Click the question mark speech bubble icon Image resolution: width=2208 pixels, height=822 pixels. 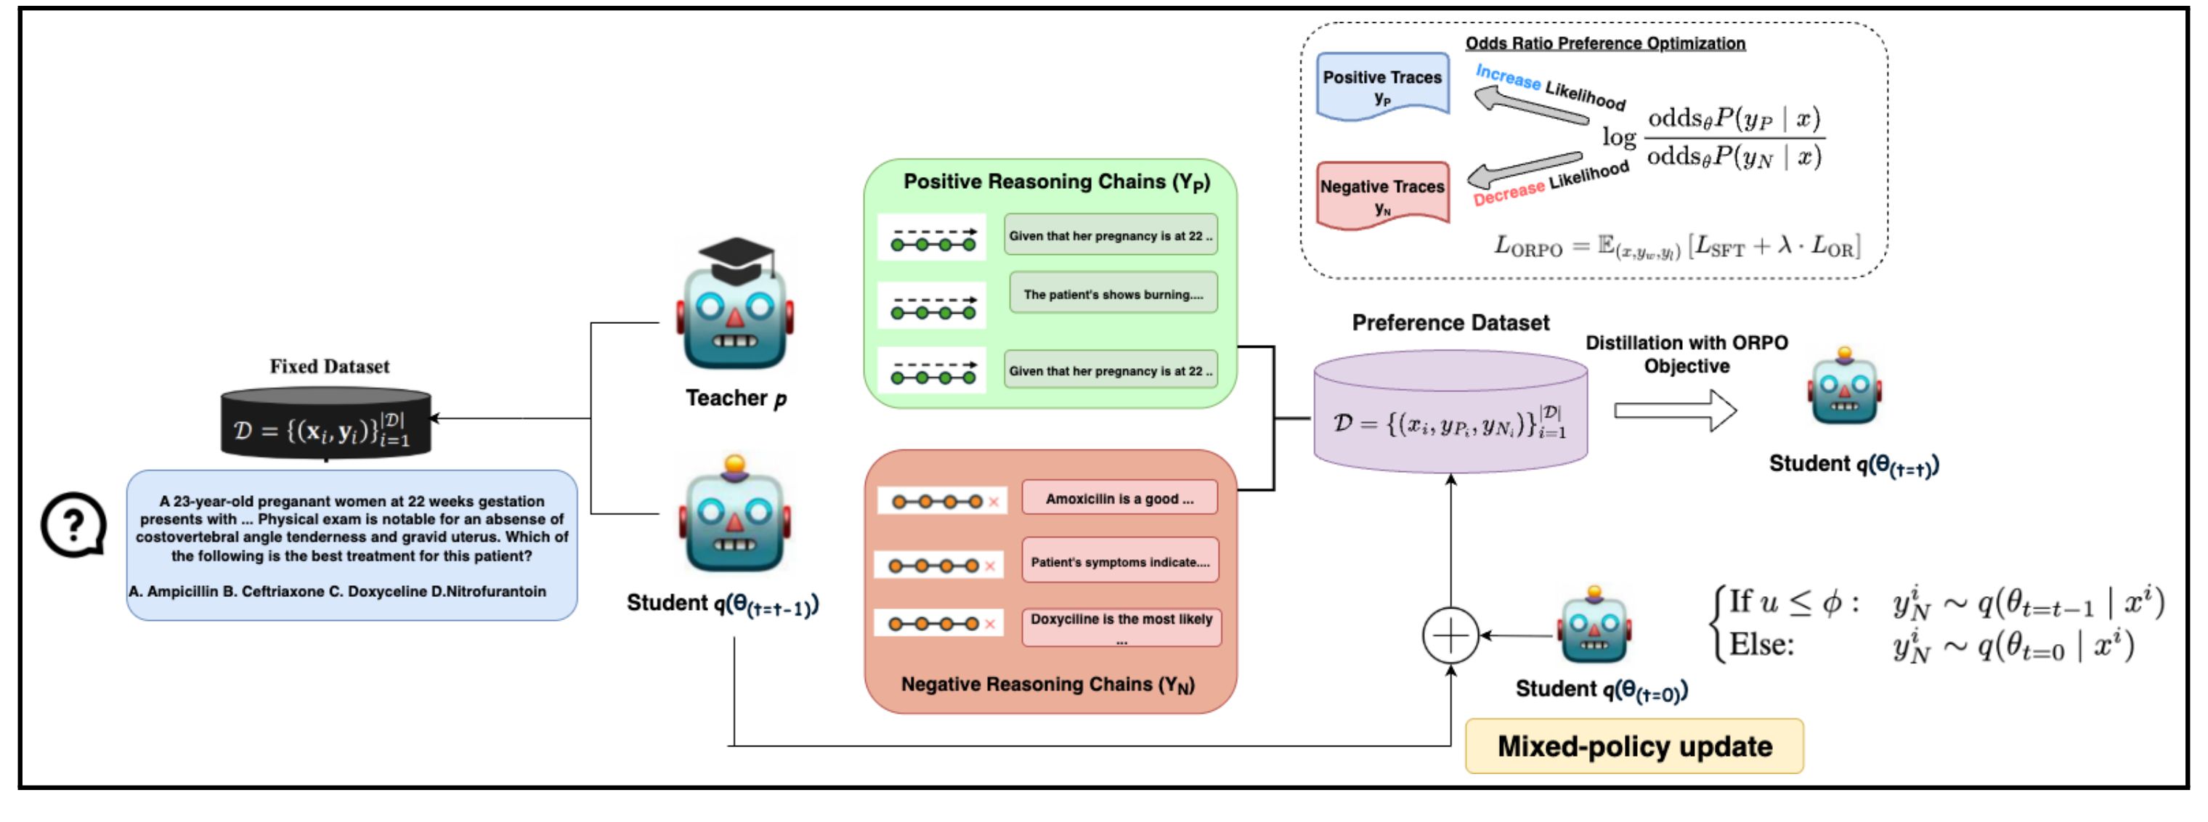tap(73, 524)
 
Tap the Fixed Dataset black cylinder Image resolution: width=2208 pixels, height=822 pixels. tap(325, 423)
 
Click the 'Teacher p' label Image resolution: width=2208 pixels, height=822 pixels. tap(736, 399)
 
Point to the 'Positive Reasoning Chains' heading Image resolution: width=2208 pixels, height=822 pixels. tap(1056, 182)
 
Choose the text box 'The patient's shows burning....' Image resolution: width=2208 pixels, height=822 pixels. tap(1113, 294)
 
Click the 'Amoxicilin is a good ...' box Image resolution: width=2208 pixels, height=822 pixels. tap(1119, 498)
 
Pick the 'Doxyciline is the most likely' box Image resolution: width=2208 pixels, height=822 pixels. tap(1121, 627)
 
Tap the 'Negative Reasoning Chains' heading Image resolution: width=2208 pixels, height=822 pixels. tap(1047, 684)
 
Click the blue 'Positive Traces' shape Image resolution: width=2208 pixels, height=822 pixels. tap(1381, 86)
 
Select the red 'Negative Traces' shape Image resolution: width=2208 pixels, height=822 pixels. tap(1381, 195)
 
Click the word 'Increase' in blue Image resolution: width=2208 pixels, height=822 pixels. tap(1508, 76)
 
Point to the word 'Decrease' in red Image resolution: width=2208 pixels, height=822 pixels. tap(1509, 194)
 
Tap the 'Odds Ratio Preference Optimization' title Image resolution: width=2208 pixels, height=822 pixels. tap(1604, 43)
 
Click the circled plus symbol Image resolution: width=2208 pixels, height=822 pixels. tap(1450, 636)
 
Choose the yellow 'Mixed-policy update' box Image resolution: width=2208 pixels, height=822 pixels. tap(1633, 746)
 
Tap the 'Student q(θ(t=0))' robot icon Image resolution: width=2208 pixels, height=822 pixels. tap(1594, 627)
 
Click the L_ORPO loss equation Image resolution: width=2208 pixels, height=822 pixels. tap(1676, 246)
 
